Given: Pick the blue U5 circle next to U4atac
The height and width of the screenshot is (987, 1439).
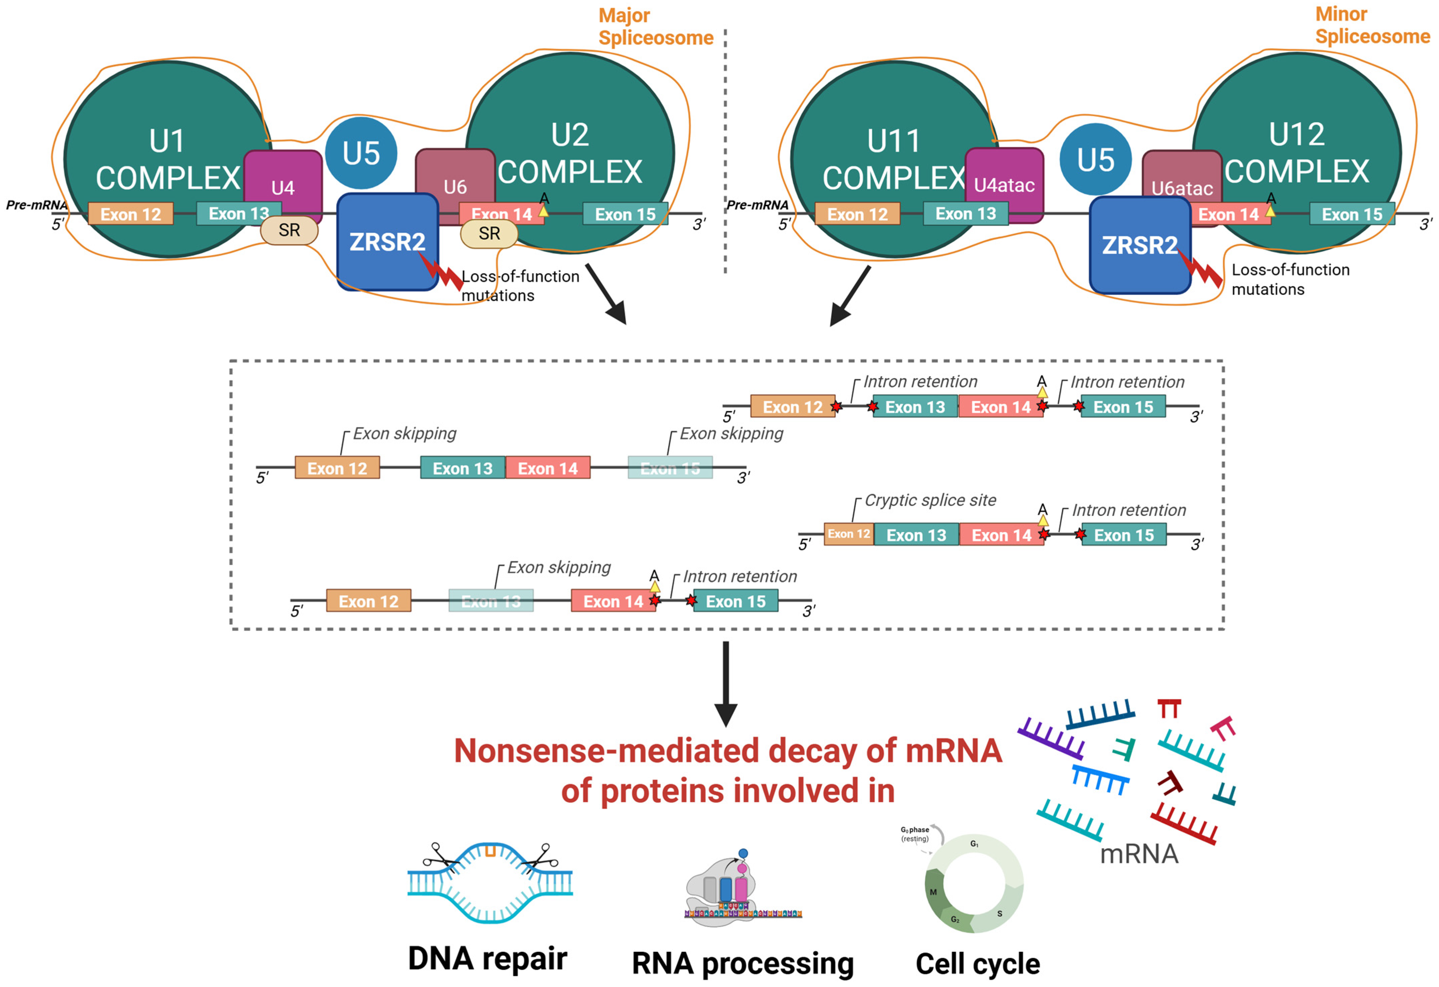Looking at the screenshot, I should point(1095,159).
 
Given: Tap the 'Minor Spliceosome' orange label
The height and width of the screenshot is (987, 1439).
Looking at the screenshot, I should point(1372,25).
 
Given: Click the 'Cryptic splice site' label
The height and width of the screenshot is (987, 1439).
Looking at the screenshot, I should point(930,500).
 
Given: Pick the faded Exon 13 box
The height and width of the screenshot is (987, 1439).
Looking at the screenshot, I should point(491,601).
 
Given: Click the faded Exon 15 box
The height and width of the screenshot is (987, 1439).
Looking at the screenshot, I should point(670,468).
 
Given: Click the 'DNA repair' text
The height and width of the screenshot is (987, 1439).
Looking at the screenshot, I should point(487,959).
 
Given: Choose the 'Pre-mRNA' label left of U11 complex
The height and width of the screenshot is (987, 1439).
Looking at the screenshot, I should point(757,205).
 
